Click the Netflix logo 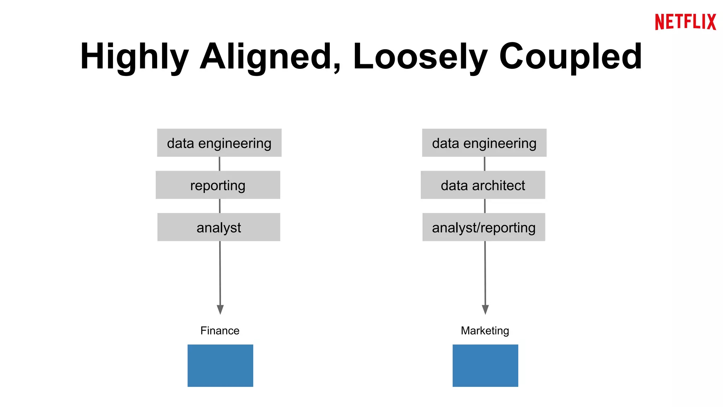685,22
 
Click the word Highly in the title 134,57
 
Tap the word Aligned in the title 270,57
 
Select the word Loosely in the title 420,57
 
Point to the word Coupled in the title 570,57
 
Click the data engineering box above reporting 219,143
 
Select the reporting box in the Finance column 218,185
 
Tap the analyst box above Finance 219,227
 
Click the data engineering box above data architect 484,143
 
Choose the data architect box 483,185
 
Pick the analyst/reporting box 484,227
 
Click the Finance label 220,331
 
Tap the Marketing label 485,331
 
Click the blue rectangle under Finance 220,365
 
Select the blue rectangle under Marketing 485,365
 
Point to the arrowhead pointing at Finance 220,309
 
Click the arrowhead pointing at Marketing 485,309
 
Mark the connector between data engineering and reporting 220,164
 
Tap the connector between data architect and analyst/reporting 485,206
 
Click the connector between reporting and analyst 220,206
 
